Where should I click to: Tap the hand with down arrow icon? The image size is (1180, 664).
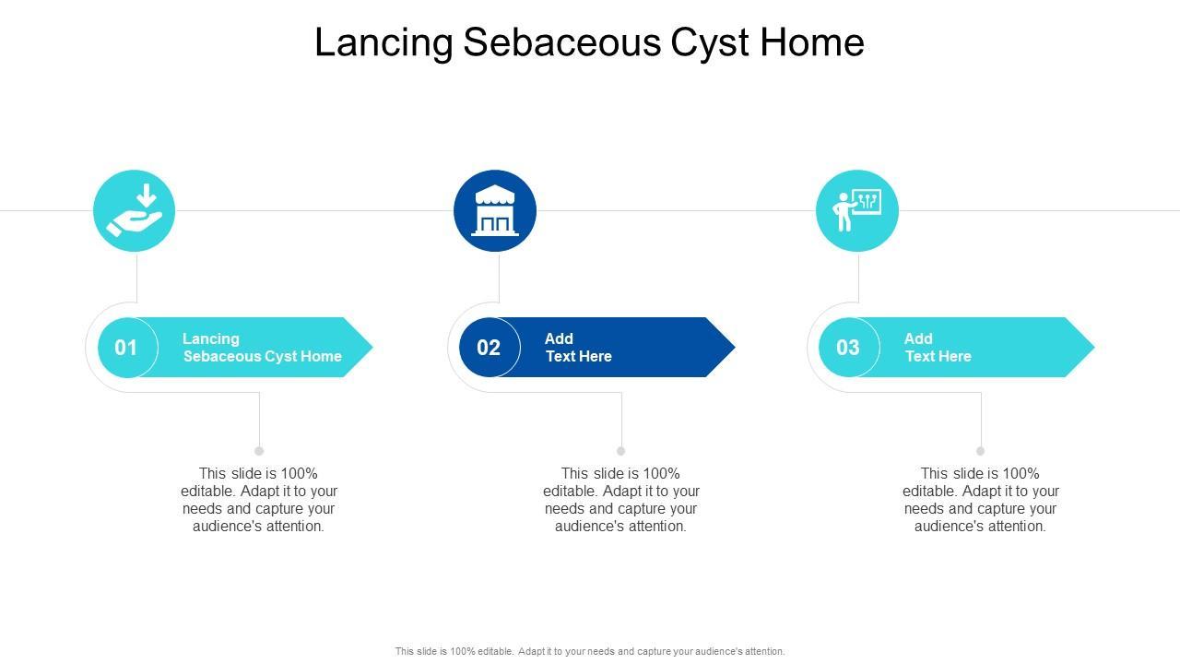tap(135, 211)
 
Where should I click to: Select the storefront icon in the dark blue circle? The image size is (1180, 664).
tap(495, 211)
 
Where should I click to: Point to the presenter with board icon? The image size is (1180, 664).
tap(857, 211)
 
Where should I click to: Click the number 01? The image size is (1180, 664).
tap(125, 348)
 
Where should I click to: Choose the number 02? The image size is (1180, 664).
tap(489, 348)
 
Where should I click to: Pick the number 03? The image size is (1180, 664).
tap(848, 348)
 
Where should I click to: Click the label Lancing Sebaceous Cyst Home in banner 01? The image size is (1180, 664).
tap(262, 348)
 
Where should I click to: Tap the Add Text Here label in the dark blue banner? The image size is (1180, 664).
tap(578, 348)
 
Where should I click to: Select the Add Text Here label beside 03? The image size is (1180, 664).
tap(938, 348)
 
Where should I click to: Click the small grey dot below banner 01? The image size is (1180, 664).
tap(259, 451)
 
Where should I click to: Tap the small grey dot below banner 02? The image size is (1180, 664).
tap(621, 451)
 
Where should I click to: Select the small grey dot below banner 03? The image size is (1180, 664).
tap(981, 451)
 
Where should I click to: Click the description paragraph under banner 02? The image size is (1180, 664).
tap(621, 500)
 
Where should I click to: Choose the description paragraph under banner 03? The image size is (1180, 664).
tap(981, 500)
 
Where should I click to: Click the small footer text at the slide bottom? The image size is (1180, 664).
tap(590, 651)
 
